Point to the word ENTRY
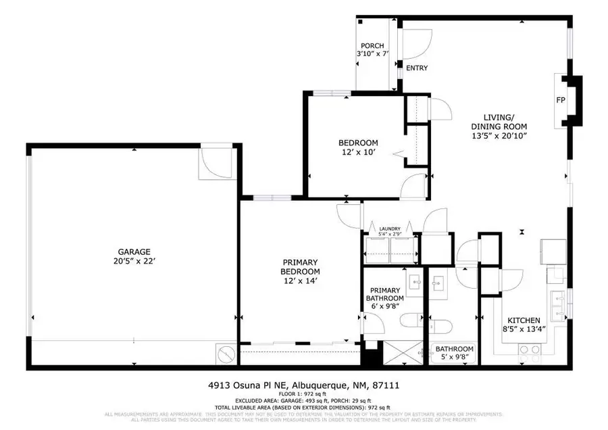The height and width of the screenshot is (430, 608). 417,68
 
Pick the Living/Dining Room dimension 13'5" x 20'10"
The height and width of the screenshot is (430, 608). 499,136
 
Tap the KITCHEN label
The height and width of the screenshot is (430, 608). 524,320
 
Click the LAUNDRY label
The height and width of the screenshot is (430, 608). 390,229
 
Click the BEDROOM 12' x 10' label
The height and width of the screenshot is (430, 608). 358,147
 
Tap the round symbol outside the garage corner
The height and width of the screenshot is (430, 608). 226,352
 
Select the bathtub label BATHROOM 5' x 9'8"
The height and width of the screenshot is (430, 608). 454,352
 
